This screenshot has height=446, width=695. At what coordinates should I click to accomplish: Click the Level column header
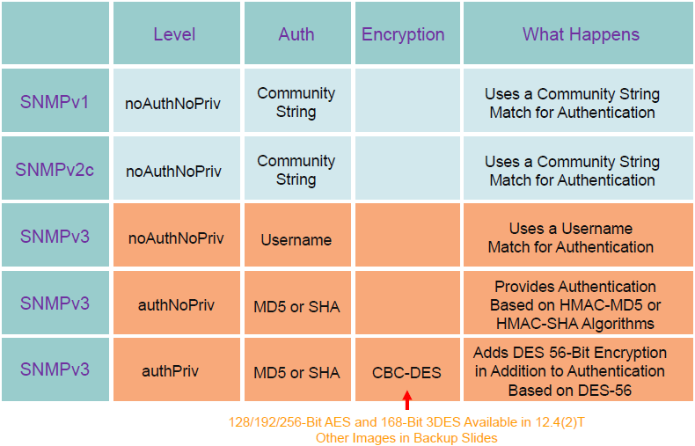tap(174, 34)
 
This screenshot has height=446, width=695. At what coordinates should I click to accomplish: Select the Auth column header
tap(296, 34)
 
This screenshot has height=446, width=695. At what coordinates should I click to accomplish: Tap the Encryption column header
tap(403, 34)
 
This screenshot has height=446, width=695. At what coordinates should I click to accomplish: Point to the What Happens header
tap(581, 34)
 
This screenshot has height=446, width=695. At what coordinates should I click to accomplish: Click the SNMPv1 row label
tap(55, 102)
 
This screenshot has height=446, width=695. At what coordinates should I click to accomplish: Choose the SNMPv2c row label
tap(55, 170)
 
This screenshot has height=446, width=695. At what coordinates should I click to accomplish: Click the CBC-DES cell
tap(406, 372)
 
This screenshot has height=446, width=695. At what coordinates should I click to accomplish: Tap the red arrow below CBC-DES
tap(407, 400)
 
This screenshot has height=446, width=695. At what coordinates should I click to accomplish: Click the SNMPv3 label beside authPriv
tap(55, 369)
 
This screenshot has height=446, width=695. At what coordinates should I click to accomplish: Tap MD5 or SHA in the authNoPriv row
tap(296, 306)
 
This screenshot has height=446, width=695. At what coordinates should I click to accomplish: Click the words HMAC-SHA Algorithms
tap(574, 324)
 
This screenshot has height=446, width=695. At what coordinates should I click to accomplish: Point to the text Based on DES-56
tap(569, 390)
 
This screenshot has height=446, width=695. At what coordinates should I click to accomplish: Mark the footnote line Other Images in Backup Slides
tap(406, 438)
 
